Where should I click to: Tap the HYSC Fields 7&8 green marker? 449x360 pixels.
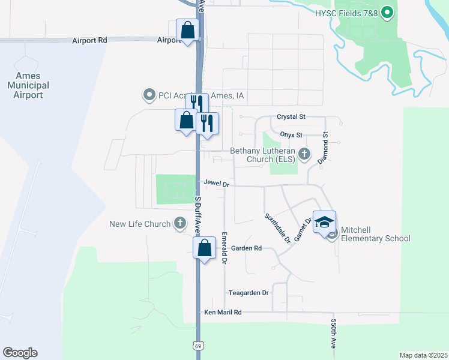388,11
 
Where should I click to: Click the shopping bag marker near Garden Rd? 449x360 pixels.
204,248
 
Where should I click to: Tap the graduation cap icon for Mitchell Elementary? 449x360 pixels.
324,222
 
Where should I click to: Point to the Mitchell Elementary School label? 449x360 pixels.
375,234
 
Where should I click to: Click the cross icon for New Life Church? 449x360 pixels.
179,224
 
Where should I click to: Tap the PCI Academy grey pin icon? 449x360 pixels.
148,95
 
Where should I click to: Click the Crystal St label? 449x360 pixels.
291,116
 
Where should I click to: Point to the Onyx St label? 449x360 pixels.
291,136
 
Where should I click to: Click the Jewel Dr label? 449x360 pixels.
217,182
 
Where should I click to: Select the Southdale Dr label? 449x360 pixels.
277,229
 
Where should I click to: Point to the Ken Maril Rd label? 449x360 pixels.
223,313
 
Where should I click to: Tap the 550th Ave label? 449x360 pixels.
333,334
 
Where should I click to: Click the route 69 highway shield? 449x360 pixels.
198,346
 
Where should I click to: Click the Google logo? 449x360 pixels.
20,353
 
